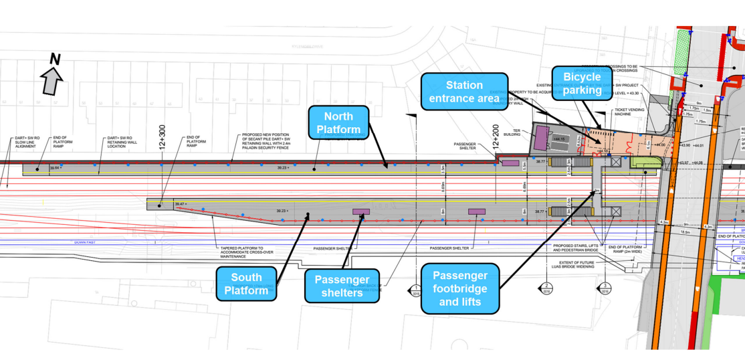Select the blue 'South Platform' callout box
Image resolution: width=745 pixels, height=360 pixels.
click(x=246, y=284)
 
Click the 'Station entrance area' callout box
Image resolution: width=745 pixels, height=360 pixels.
click(x=464, y=92)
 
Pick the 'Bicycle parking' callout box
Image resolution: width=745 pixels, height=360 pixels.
click(x=582, y=84)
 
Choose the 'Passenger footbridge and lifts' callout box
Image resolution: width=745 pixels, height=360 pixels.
click(x=460, y=288)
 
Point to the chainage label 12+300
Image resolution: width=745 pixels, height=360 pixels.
click(x=162, y=139)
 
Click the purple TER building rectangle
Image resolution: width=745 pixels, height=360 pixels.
click(x=539, y=139)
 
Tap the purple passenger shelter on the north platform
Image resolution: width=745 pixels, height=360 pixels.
click(x=510, y=163)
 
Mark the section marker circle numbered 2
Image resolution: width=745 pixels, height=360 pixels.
click(x=545, y=289)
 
